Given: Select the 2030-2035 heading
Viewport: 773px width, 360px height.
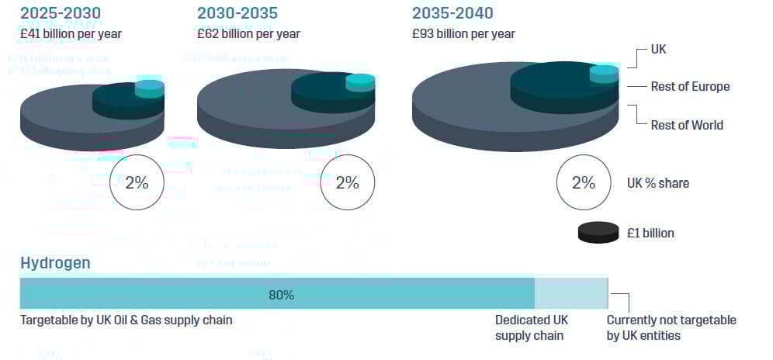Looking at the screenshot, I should point(237,13).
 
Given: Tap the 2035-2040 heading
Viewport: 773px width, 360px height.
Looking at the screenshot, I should point(452,13).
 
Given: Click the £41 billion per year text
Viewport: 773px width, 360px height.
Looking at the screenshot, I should point(71,33).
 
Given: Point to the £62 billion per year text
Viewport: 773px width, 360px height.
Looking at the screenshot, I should point(248,33).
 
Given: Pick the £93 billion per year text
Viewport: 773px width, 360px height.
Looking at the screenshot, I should point(463,33).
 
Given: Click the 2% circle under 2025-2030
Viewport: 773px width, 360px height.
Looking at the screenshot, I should point(137,183).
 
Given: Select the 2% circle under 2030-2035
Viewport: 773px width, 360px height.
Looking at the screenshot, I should point(347,183).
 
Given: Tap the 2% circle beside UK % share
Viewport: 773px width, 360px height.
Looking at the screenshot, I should point(584,183).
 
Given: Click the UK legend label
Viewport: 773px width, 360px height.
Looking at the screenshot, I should point(658,50).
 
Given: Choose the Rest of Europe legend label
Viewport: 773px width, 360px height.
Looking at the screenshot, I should point(690,86).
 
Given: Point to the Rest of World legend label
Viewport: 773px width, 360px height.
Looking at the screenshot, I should point(687,125).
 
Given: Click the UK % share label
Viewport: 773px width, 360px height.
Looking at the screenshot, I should point(658,183).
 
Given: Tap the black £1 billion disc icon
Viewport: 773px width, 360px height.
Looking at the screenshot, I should point(598,233).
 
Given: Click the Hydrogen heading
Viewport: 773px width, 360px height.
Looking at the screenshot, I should point(55,263).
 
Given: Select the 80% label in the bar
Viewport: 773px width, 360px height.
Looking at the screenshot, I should point(281,295).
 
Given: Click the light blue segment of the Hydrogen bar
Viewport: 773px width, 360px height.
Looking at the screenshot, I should point(571,294).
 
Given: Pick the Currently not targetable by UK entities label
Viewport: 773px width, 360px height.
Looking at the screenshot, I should point(671,327).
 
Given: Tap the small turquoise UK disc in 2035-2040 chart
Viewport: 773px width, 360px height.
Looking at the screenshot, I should point(604,74).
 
